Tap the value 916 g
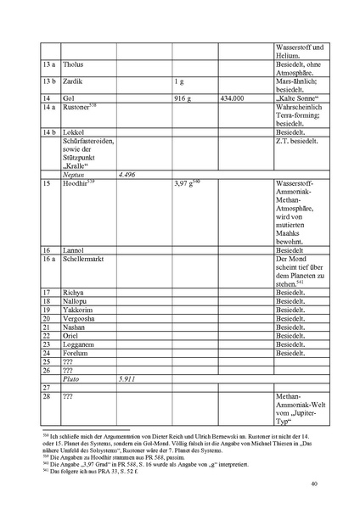click(185, 99)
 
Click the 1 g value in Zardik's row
click(180, 82)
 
